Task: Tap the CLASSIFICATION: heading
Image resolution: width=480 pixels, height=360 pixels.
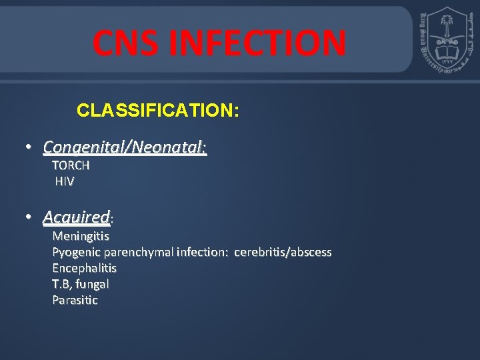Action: tap(157, 110)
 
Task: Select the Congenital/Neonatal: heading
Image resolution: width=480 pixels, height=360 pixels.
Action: tap(125, 146)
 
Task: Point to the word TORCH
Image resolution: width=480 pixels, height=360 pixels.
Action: tap(71, 165)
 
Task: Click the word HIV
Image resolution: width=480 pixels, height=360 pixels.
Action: tap(65, 181)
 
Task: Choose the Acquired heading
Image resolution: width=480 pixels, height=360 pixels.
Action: tap(76, 217)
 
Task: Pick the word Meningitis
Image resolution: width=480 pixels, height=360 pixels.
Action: tap(81, 236)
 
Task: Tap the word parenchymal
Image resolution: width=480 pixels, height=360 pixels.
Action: tap(139, 252)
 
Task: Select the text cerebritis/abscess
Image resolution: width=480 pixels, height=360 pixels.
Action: tap(283, 252)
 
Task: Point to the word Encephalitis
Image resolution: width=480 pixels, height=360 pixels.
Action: tap(84, 268)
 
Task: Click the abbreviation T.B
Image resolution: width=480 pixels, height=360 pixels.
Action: tap(62, 284)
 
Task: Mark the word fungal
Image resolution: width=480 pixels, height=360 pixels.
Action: tap(93, 284)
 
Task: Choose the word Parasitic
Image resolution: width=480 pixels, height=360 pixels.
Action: tap(75, 300)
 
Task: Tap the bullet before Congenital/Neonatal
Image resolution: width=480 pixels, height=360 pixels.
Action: tap(29, 146)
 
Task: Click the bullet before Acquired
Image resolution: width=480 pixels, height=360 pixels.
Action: tap(29, 217)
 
